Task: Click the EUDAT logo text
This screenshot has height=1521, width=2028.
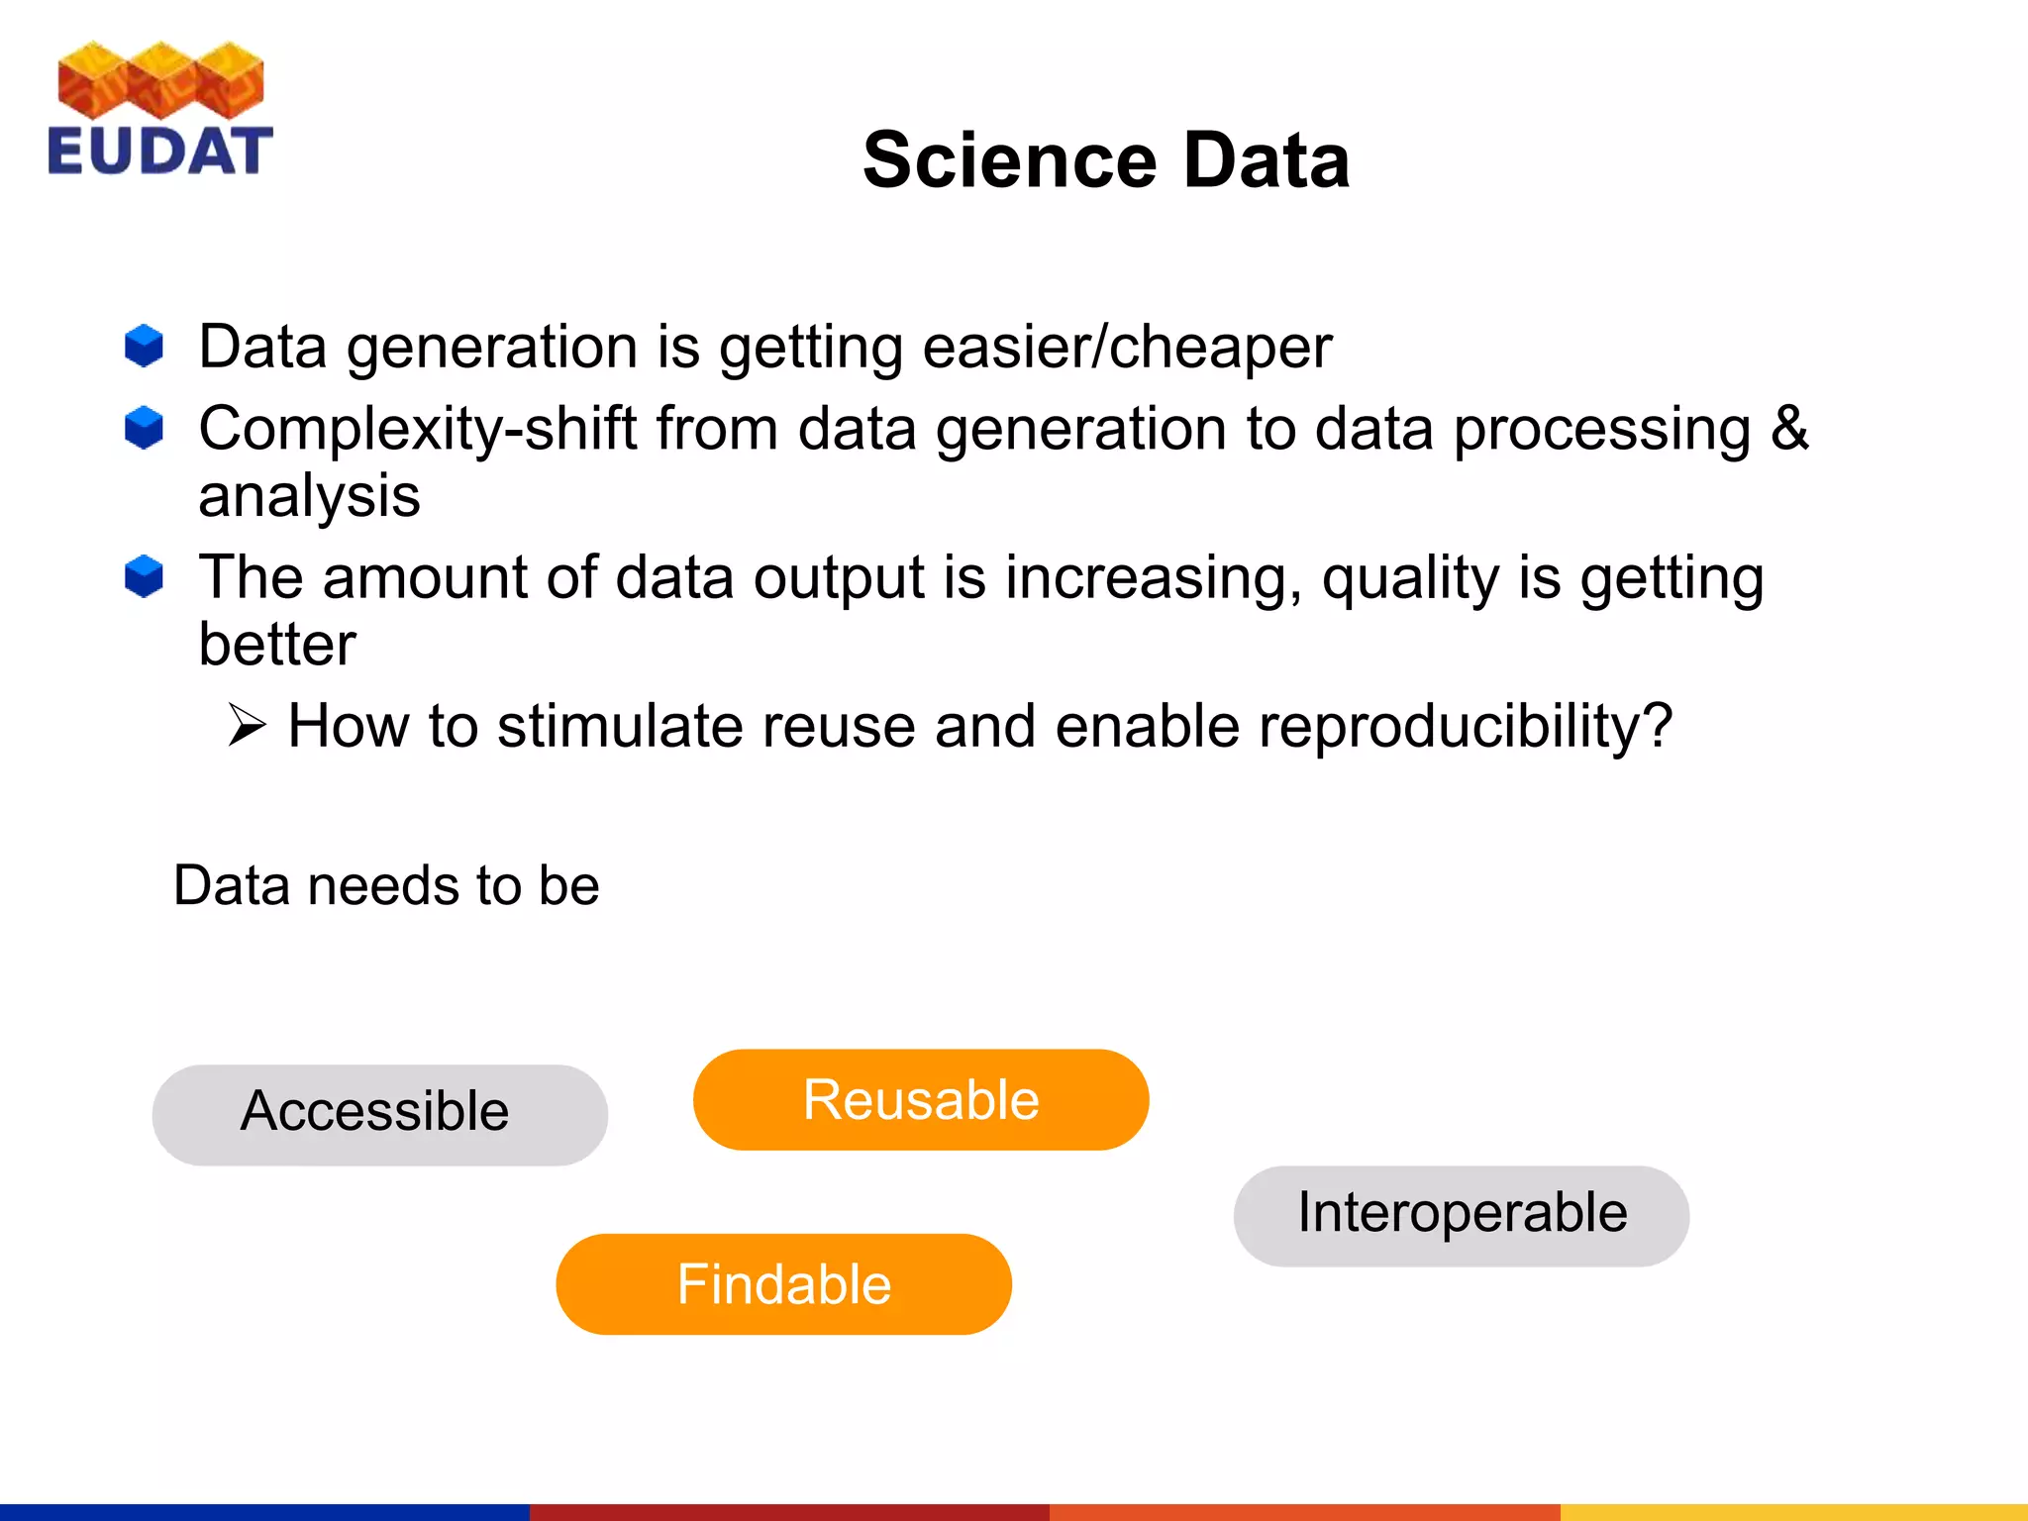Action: pyautogui.click(x=159, y=151)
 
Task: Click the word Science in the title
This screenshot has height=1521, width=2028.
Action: pyautogui.click(x=1009, y=160)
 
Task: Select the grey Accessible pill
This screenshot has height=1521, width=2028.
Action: pyautogui.click(x=379, y=1114)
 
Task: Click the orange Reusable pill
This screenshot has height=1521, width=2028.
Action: pyautogui.click(x=920, y=1099)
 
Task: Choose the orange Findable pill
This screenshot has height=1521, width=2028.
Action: pyautogui.click(x=783, y=1283)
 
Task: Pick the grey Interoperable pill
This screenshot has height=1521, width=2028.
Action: pyautogui.click(x=1461, y=1215)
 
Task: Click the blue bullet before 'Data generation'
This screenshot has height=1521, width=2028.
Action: pyautogui.click(x=145, y=346)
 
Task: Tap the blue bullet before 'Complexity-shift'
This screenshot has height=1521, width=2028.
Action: pyautogui.click(x=145, y=428)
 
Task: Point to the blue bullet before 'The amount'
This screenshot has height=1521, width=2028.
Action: pyautogui.click(x=145, y=576)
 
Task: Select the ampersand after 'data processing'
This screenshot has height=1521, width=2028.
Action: pyautogui.click(x=1789, y=428)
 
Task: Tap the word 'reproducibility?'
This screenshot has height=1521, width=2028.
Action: pyautogui.click(x=1465, y=727)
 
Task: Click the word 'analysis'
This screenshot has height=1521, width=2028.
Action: pyautogui.click(x=309, y=496)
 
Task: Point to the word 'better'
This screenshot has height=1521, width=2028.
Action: pyautogui.click(x=277, y=645)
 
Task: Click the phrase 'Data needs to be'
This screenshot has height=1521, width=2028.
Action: pyautogui.click(x=386, y=884)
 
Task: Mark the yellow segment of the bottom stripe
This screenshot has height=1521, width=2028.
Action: pyautogui.click(x=1792, y=1512)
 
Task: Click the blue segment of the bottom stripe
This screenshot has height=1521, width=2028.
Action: pyautogui.click(x=264, y=1512)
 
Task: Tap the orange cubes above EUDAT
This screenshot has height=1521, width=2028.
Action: pyautogui.click(x=160, y=79)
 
